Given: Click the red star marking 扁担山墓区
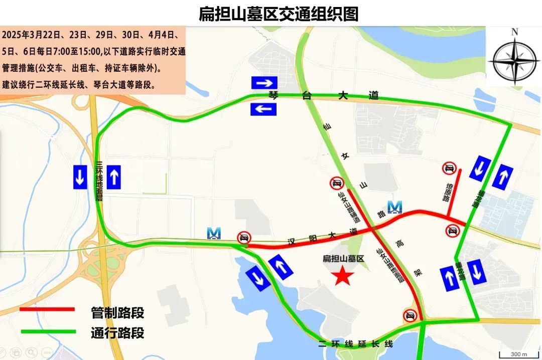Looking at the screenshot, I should pyautogui.click(x=344, y=275).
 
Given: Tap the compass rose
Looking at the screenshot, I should pyautogui.click(x=514, y=57).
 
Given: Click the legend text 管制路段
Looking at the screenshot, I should pyautogui.click(x=117, y=313).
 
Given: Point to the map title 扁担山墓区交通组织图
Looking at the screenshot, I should pyautogui.click(x=279, y=14).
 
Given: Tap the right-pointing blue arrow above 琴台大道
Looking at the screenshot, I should pyautogui.click(x=264, y=83).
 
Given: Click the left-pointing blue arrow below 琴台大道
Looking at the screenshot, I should pyautogui.click(x=264, y=109).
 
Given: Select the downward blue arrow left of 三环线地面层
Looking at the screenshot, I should pyautogui.click(x=80, y=177).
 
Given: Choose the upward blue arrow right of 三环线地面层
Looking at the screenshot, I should pyautogui.click(x=114, y=177).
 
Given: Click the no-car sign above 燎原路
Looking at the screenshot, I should pyautogui.click(x=449, y=168).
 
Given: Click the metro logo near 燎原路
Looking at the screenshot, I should pyautogui.click(x=395, y=207).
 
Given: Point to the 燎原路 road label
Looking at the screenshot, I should pyautogui.click(x=445, y=191).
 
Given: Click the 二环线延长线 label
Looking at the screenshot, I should pyautogui.click(x=355, y=344).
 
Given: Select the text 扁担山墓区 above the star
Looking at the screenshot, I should pyautogui.click(x=343, y=259).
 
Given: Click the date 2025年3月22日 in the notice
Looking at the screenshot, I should pyautogui.click(x=31, y=35).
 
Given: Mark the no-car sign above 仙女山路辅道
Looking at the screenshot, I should pyautogui.click(x=336, y=183).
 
